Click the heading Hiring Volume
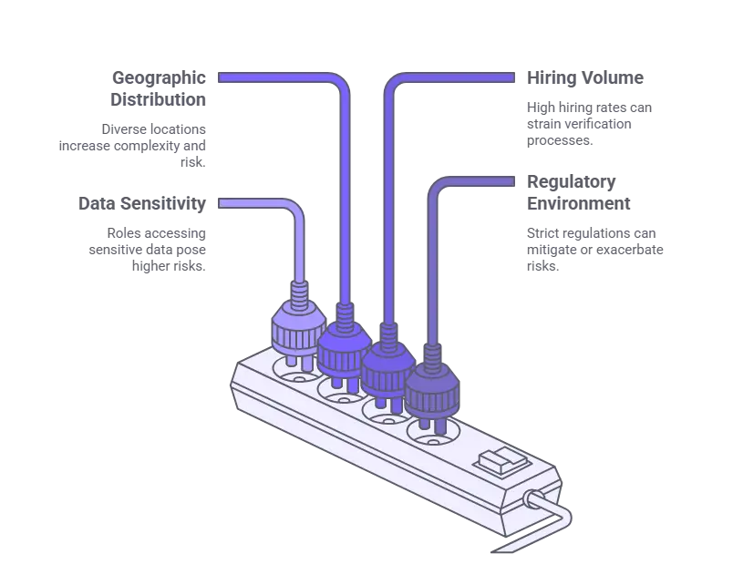click(x=584, y=78)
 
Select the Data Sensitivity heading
click(x=142, y=203)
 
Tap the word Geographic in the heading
click(x=159, y=78)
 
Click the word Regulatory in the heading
click(x=572, y=182)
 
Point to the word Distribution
click(x=158, y=99)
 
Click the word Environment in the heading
click(x=579, y=203)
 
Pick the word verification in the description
click(x=593, y=124)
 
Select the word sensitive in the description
click(x=116, y=250)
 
